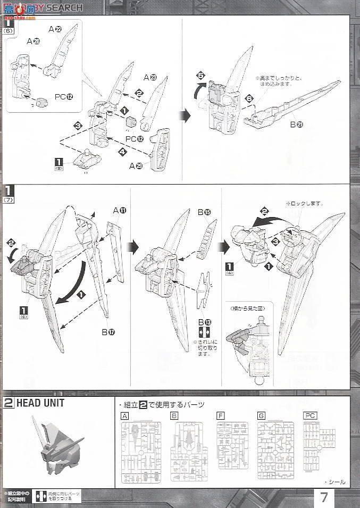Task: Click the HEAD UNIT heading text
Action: (x=40, y=403)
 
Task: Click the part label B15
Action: (x=204, y=213)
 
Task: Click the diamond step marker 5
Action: (x=201, y=76)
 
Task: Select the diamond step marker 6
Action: (x=249, y=99)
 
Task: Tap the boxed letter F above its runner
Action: (x=220, y=415)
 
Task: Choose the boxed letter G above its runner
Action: (x=261, y=415)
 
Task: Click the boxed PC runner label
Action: (x=309, y=415)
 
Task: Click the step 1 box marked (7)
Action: (x=9, y=192)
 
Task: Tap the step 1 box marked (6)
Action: (x=9, y=25)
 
